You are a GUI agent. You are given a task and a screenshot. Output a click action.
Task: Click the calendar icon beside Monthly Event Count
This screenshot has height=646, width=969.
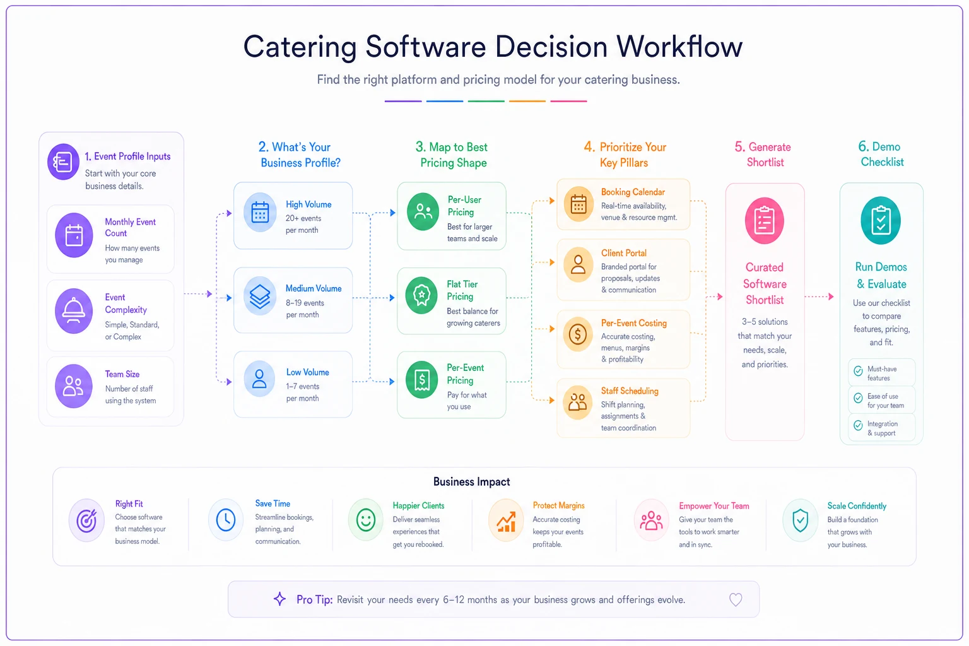pyautogui.click(x=74, y=235)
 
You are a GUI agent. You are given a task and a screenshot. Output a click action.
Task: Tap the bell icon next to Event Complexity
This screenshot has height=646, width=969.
pyautogui.click(x=74, y=311)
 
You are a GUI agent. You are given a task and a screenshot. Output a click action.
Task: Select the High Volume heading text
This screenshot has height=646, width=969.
pyautogui.click(x=308, y=204)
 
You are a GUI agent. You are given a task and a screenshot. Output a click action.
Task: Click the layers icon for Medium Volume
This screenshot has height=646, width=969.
pyautogui.click(x=259, y=296)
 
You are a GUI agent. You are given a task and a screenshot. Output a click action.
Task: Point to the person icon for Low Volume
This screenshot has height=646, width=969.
pyautogui.click(x=259, y=379)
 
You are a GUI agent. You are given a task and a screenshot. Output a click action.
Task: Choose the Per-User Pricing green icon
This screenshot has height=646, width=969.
pyautogui.click(x=423, y=211)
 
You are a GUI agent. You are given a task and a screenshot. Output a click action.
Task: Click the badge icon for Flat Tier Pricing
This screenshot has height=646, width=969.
pyautogui.click(x=422, y=295)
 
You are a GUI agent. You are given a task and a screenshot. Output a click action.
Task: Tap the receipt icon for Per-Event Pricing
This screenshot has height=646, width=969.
pyautogui.click(x=422, y=380)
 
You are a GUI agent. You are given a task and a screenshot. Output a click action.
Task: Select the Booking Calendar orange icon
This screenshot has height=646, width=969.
pyautogui.click(x=578, y=204)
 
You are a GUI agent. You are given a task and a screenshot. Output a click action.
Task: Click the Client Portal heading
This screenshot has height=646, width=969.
pyautogui.click(x=624, y=253)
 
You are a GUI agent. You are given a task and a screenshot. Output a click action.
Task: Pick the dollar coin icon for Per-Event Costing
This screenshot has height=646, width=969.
pyautogui.click(x=578, y=334)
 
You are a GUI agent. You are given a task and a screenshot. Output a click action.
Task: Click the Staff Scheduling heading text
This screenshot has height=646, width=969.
pyautogui.click(x=630, y=391)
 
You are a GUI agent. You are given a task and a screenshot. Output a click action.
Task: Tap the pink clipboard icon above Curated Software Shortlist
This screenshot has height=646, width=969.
pyautogui.click(x=765, y=221)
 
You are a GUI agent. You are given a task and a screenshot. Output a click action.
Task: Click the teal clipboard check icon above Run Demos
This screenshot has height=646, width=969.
pyautogui.click(x=881, y=221)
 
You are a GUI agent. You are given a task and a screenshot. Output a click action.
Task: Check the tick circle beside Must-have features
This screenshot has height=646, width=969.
pyautogui.click(x=858, y=371)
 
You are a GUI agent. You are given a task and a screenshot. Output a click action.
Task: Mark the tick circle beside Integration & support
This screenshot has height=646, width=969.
pyautogui.click(x=858, y=425)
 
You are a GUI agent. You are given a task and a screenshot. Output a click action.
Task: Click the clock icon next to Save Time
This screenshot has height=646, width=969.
pyautogui.click(x=226, y=520)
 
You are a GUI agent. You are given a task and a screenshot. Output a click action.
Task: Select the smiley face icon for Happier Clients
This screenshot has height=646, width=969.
pyautogui.click(x=365, y=520)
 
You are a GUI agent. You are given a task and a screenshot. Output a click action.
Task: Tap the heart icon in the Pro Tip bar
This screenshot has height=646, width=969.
pyautogui.click(x=736, y=599)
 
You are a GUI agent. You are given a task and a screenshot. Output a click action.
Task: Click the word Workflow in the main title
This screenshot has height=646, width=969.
pyautogui.click(x=679, y=46)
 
